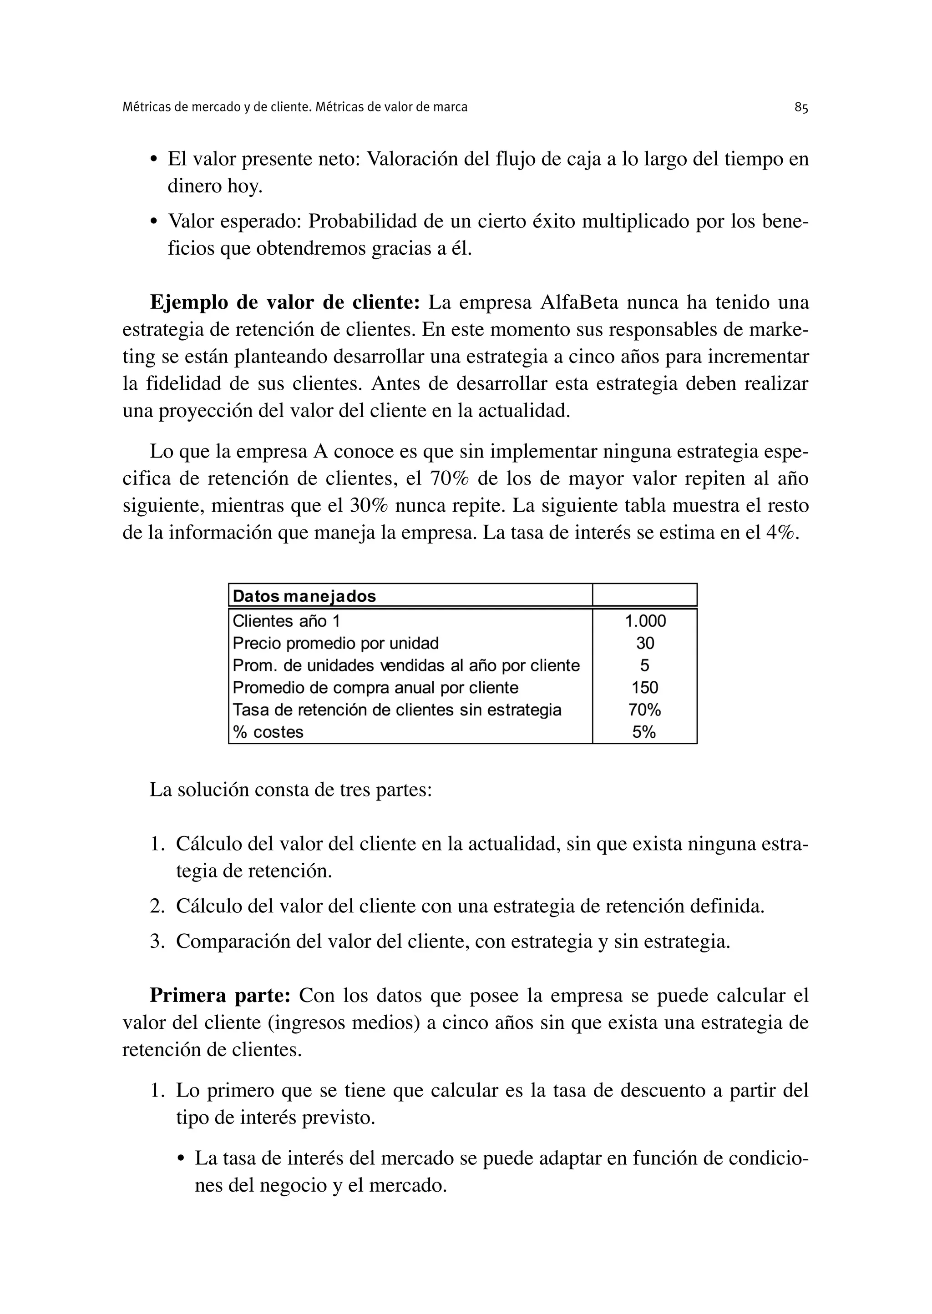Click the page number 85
pyautogui.click(x=801, y=107)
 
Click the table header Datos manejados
pyautogui.click(x=304, y=596)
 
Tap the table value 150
pyautogui.click(x=644, y=688)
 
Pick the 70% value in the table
pyautogui.click(x=644, y=710)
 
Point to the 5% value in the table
pyautogui.click(x=644, y=732)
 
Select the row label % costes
pyautogui.click(x=268, y=732)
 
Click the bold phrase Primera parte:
pyautogui.click(x=220, y=995)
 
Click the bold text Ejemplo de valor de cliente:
pyautogui.click(x=285, y=302)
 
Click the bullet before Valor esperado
pyautogui.click(x=153, y=222)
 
